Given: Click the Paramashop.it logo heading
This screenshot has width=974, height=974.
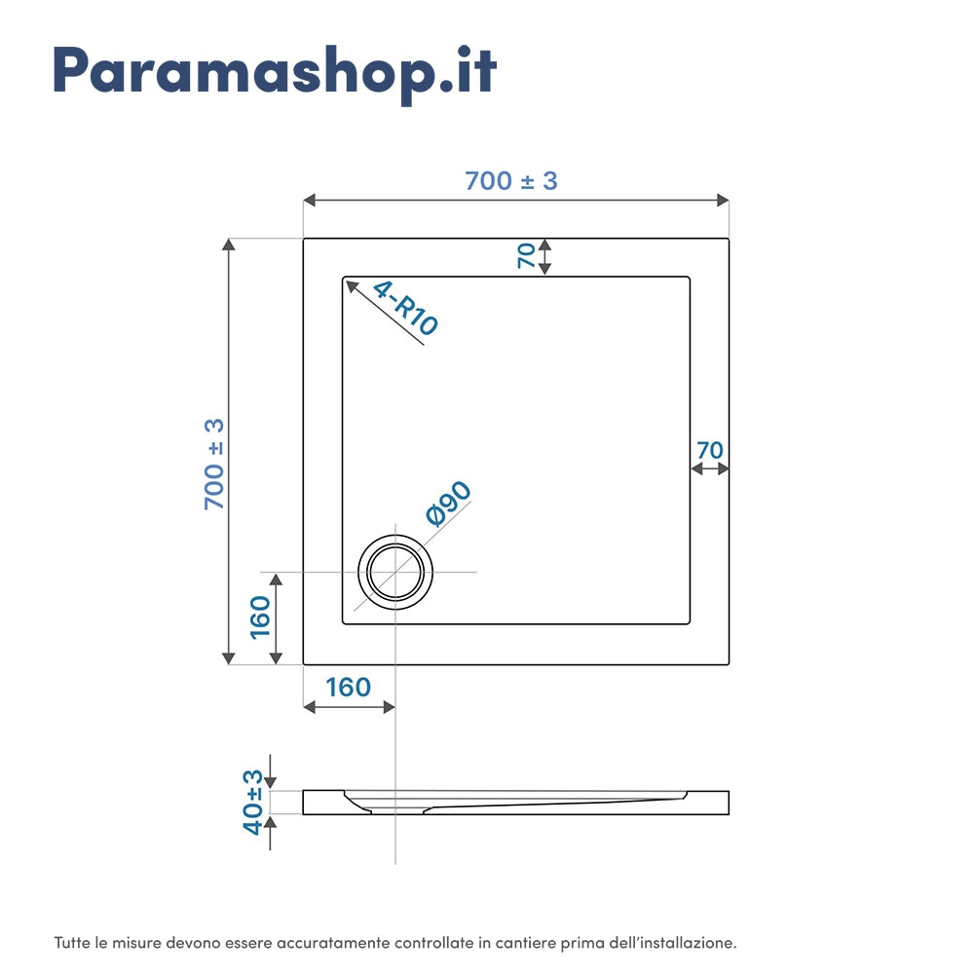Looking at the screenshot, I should pos(275,70).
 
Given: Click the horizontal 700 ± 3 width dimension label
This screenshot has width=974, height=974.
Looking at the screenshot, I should pos(511,180).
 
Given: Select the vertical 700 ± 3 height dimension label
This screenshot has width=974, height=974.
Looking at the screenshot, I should pos(214,464).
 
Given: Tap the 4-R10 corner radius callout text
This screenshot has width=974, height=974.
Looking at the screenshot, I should pos(405,308).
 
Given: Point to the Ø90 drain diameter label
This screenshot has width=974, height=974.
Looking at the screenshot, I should pos(448,504).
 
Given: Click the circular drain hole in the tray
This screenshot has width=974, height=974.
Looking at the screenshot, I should pos(395,572).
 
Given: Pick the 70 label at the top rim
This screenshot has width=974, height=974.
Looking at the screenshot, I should pos(526,256).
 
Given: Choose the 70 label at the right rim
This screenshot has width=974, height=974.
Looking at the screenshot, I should pos(710,450).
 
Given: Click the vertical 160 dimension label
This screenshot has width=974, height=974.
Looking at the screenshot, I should pos(260,617).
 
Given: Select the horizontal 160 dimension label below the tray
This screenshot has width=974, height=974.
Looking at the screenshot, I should pos(348,688).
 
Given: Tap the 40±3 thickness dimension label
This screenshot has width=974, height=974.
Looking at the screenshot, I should pos(253,802).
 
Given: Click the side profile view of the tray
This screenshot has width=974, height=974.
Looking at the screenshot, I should pos(515,803).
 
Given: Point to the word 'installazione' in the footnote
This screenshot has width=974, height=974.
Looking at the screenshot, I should pos(686,943).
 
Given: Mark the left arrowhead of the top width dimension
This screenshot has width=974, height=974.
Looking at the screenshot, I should pos(309,200).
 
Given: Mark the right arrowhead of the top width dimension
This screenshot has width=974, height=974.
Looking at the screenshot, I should pos(724,200).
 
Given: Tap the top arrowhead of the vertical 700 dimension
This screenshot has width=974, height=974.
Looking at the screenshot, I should pos(229,244).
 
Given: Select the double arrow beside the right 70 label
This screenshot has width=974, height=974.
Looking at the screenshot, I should pos(710,468).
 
